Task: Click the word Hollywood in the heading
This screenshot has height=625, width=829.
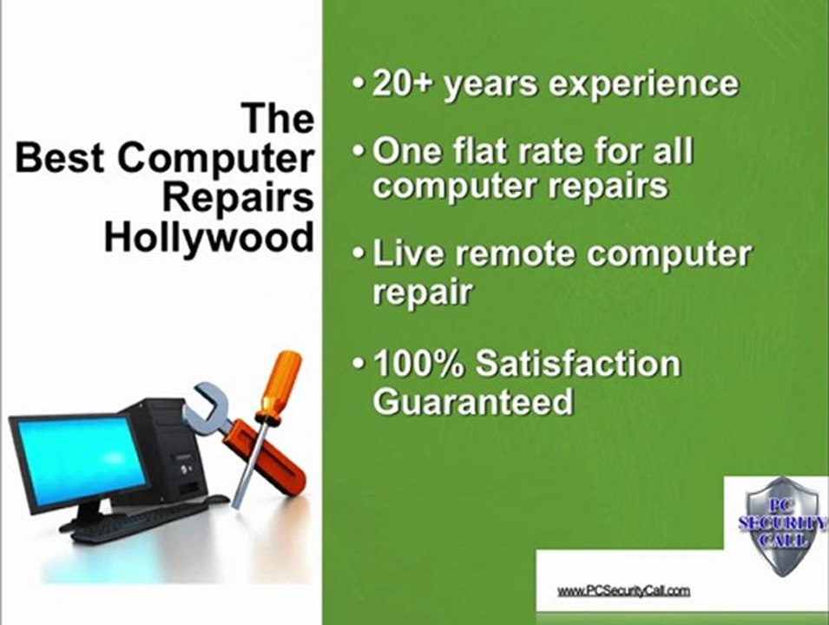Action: coord(208,236)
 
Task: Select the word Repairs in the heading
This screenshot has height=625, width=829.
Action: coord(238,198)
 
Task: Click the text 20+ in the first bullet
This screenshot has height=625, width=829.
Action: coord(403,83)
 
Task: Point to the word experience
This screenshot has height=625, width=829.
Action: coord(637,84)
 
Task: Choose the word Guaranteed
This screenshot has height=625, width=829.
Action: coord(473,402)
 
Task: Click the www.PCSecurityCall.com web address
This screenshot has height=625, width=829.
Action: coord(623,590)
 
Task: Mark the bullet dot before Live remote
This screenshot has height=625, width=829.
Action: coord(359,255)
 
